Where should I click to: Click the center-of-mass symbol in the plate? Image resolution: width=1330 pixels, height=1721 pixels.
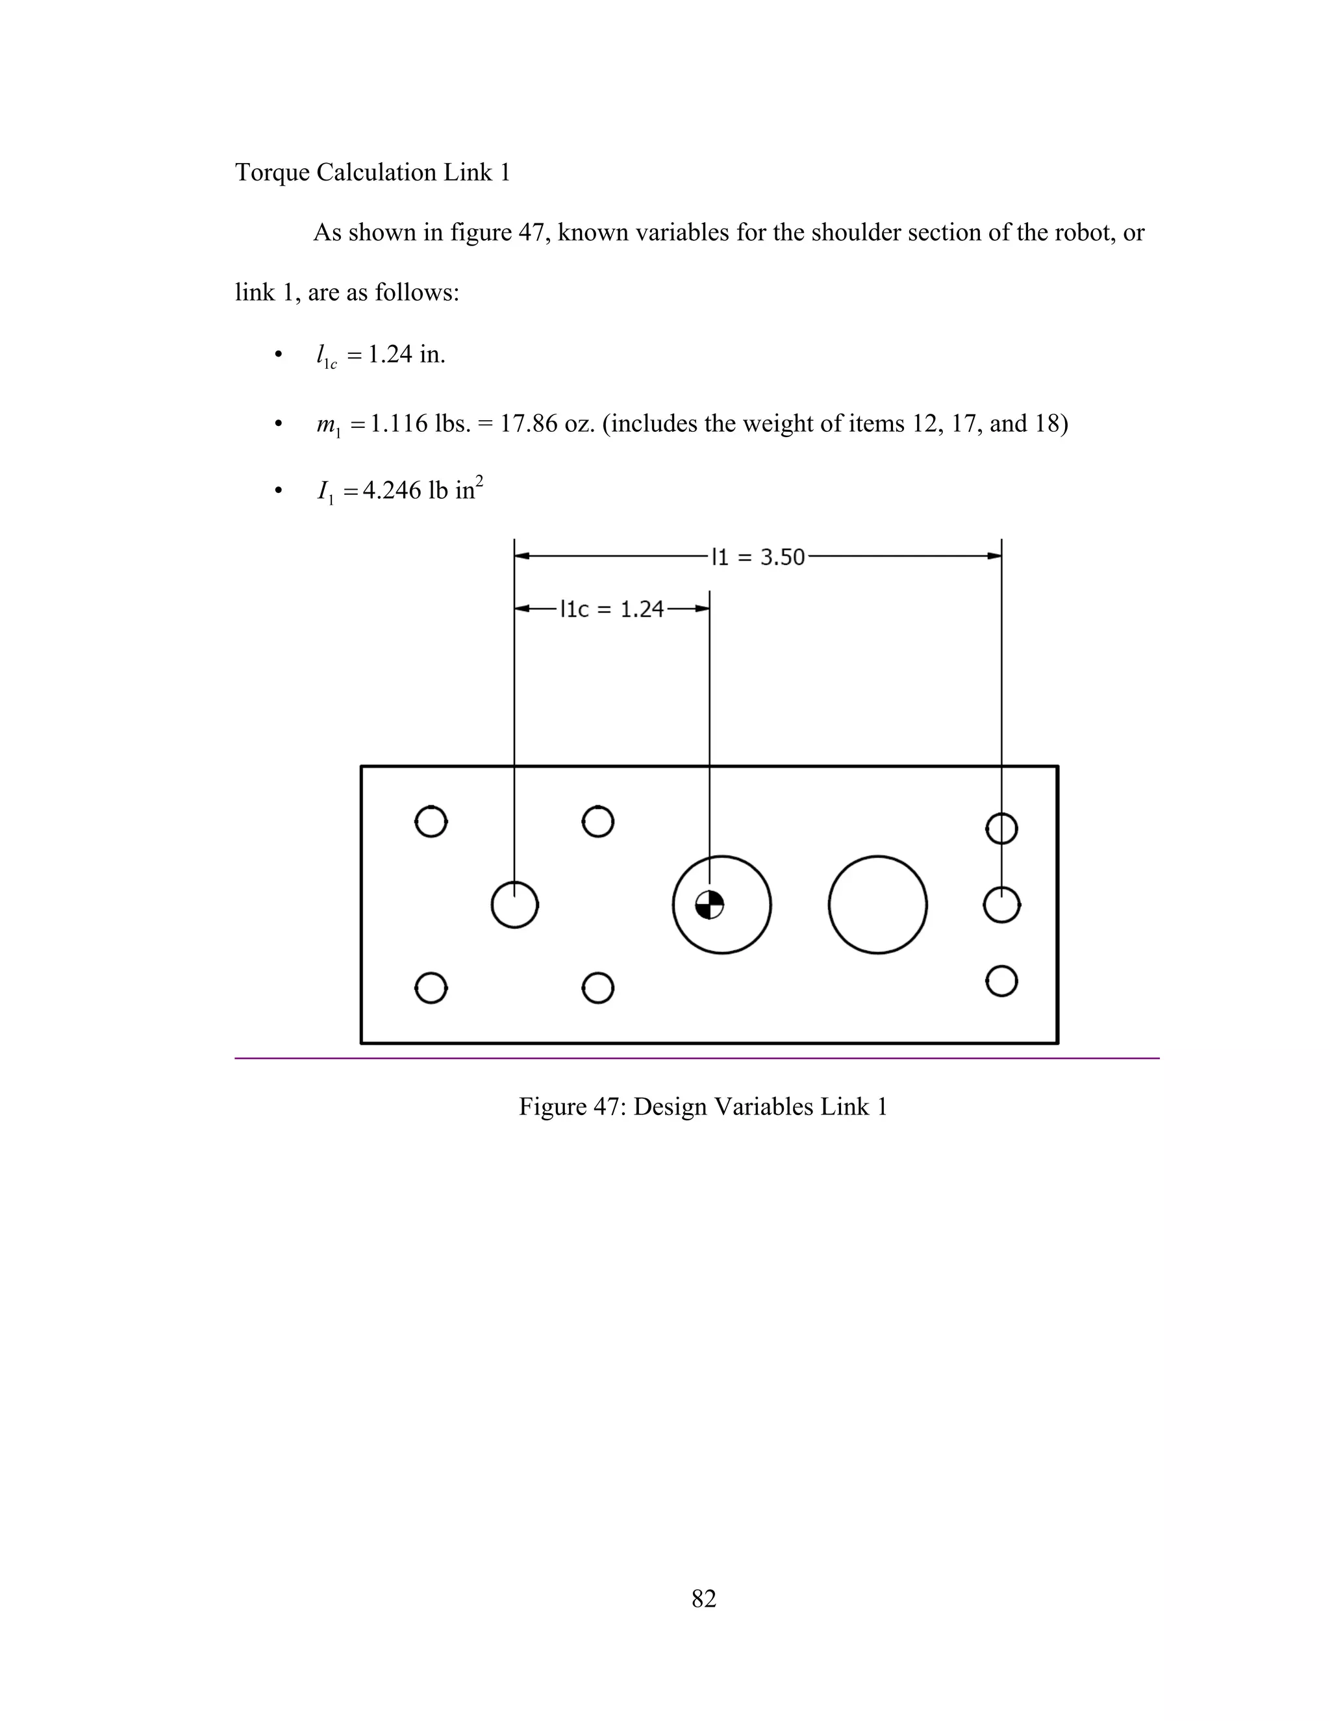coord(709,905)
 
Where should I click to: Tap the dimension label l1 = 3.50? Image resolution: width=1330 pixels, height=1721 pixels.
coord(758,557)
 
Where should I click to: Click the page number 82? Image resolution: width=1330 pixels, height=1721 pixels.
coord(703,1598)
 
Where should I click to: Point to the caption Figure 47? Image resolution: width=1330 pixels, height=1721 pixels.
coord(703,1107)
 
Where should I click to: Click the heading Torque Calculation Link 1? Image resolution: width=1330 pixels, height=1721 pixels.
coord(373,172)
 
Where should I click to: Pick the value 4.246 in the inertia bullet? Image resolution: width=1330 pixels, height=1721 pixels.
coord(392,491)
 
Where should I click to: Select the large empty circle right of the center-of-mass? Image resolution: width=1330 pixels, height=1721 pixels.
coord(878,905)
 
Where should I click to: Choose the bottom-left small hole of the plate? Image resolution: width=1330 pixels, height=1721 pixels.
coord(431,987)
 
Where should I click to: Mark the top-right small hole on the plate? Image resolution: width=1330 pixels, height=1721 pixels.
coord(1001,828)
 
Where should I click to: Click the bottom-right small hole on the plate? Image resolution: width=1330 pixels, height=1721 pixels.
coord(1001,981)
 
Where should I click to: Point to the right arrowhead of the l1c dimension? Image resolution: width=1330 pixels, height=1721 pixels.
coord(702,609)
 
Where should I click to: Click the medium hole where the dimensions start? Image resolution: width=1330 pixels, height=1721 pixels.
coord(514,905)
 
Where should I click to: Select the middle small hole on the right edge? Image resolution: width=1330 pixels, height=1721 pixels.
coord(1001,905)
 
